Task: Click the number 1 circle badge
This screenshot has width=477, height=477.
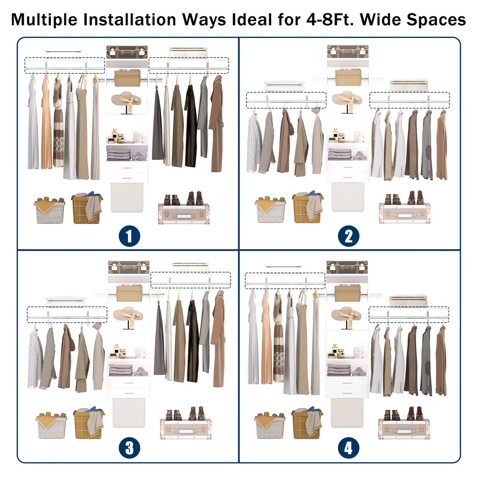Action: [129, 236]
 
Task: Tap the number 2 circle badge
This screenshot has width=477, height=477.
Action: [348, 236]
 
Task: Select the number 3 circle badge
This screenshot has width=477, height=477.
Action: [129, 448]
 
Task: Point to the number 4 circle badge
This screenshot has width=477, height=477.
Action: [348, 448]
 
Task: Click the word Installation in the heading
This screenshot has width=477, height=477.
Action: [129, 20]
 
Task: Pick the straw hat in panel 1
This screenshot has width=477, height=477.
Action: [126, 101]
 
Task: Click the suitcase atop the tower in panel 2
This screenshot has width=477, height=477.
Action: [348, 51]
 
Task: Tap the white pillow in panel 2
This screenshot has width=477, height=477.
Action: [285, 86]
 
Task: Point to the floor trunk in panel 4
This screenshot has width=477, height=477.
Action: [404, 429]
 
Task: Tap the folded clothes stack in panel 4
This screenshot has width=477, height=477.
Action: [338, 370]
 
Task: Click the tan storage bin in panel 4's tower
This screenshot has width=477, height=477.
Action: [348, 293]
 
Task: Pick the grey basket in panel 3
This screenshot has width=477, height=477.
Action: [51, 425]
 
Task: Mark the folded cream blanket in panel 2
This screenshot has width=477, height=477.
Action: [409, 86]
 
